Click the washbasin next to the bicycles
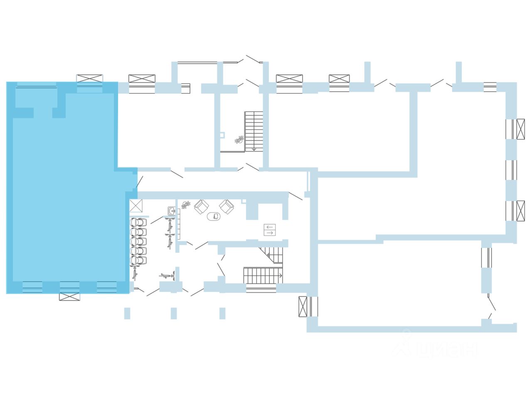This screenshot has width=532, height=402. tap(172, 211)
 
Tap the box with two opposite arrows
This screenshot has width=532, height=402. tap(270, 230)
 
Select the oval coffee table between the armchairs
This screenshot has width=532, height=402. tap(214, 216)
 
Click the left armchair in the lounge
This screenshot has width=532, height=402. tap(201, 206)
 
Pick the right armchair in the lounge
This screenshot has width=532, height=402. tap(227, 206)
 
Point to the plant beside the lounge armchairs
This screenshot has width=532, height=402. tap(185, 205)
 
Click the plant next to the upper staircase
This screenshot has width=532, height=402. tap(239, 140)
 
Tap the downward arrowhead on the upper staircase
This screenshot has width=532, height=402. tap(254, 148)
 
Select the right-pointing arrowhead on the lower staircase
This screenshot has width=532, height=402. tap(281, 275)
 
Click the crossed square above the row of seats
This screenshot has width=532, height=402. tap(136, 206)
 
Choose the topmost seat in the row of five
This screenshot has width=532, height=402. tap(139, 222)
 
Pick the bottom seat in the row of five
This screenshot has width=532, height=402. tap(139, 260)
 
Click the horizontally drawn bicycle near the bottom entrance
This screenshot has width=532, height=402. tap(167, 275)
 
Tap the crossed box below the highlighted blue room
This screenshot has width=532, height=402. tap(69, 297)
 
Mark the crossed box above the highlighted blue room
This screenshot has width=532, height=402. tap(89, 78)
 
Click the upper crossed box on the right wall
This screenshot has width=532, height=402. tap(520, 129)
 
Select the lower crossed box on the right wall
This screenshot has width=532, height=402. tap(520, 211)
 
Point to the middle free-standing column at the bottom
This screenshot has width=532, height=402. tap(174, 313)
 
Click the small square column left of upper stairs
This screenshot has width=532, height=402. tap(222, 135)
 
